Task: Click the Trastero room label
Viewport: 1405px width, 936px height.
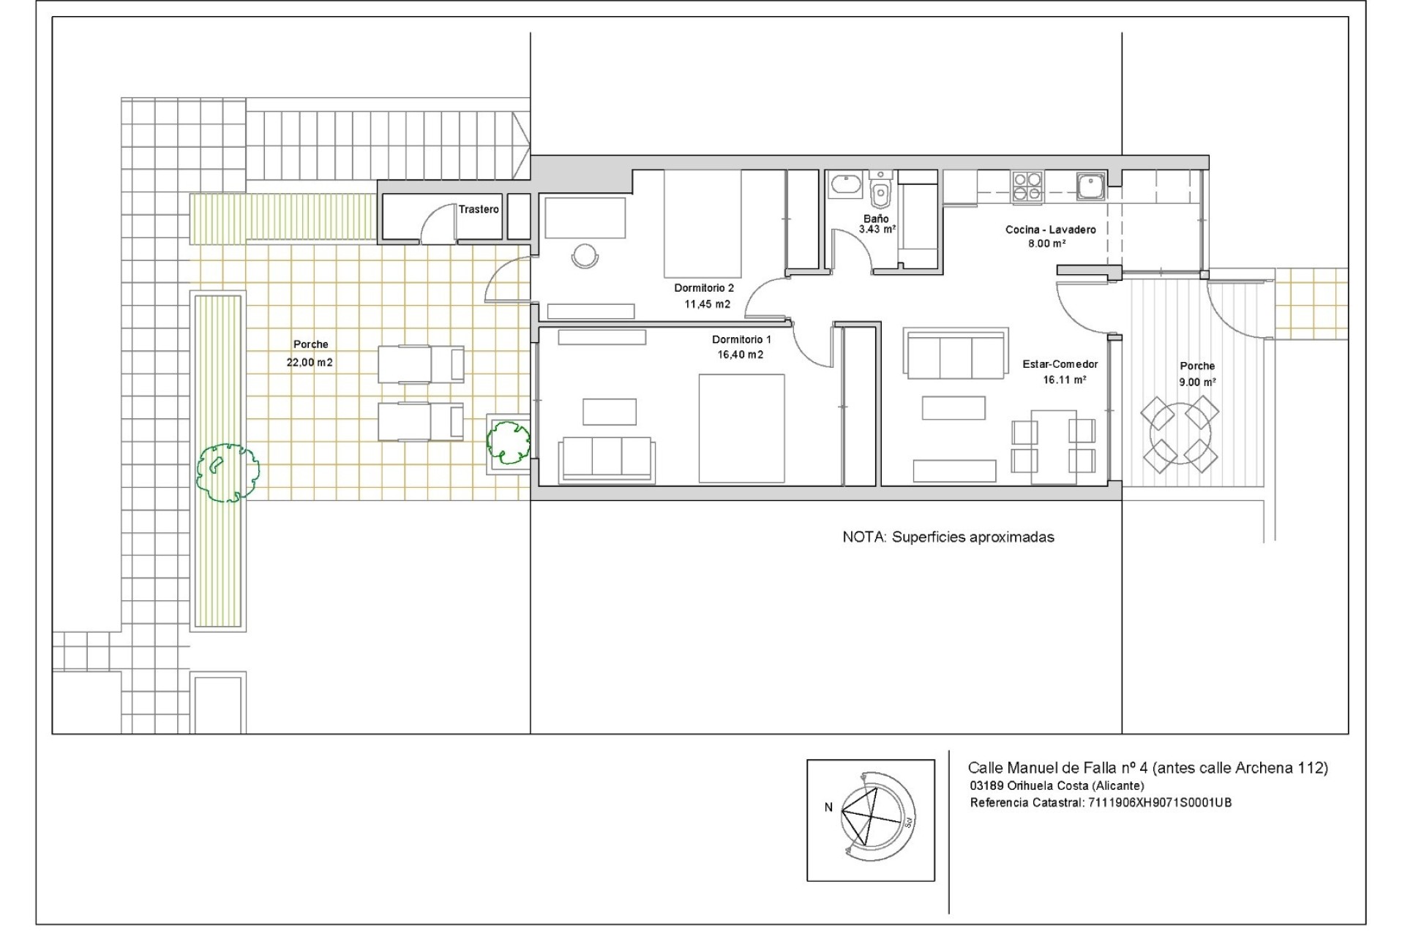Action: [479, 209]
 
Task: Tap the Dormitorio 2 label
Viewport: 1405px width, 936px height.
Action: [703, 288]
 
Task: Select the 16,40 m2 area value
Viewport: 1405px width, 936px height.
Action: [741, 355]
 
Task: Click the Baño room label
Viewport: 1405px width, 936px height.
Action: [876, 219]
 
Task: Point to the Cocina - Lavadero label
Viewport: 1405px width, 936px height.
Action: [1050, 230]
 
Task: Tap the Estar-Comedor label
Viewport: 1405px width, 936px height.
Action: [1060, 364]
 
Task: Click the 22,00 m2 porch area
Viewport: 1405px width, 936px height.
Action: [310, 362]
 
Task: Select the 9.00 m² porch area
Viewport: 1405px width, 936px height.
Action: [1197, 382]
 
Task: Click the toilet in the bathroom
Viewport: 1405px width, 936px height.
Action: [881, 193]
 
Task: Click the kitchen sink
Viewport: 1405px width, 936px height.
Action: [1090, 186]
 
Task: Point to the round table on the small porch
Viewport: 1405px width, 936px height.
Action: [1179, 435]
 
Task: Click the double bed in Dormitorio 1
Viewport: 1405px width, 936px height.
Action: [741, 429]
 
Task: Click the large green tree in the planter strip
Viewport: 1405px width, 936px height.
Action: [228, 472]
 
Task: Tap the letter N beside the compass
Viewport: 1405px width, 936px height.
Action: [828, 807]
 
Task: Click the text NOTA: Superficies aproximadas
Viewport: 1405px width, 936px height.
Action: [948, 537]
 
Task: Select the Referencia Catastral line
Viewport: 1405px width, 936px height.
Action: [1100, 802]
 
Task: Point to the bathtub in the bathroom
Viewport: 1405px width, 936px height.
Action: [847, 185]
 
